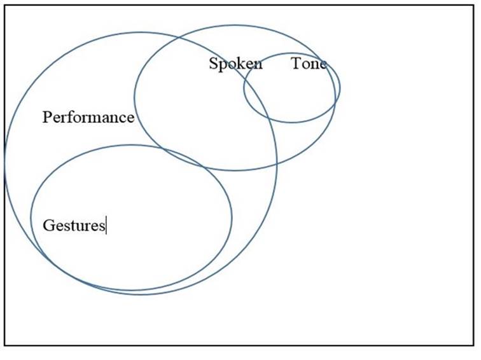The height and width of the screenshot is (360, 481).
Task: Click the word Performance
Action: click(x=88, y=117)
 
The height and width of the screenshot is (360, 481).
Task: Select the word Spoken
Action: click(x=235, y=64)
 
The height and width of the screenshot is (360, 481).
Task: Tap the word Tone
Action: click(x=309, y=64)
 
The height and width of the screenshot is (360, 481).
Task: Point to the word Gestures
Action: click(x=73, y=225)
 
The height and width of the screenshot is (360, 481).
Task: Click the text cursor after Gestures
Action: click(x=106, y=225)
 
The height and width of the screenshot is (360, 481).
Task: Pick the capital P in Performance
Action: click(x=47, y=117)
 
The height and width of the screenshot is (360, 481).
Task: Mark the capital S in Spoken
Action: click(x=213, y=64)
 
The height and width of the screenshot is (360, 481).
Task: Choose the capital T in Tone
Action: click(x=296, y=64)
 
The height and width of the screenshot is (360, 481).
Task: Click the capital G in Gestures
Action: click(x=48, y=225)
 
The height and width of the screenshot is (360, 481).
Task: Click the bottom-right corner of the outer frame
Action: click(x=473, y=346)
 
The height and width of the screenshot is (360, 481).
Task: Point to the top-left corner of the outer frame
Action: click(x=4, y=6)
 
